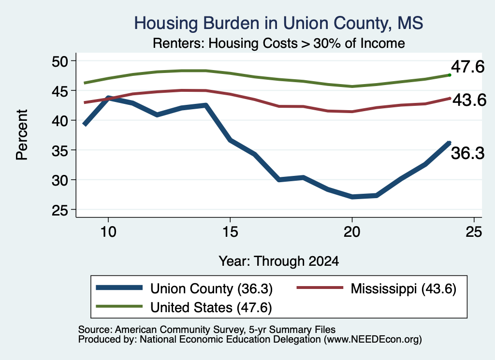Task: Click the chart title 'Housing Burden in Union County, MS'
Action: click(x=278, y=23)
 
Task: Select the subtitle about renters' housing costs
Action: click(x=279, y=43)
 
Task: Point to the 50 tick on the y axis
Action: click(x=60, y=61)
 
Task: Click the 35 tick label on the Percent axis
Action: click(x=60, y=150)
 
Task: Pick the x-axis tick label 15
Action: click(x=230, y=232)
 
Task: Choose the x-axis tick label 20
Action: click(x=352, y=232)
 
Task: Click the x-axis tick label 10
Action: click(x=108, y=232)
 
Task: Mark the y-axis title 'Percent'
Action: click(x=22, y=135)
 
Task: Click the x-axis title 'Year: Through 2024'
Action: click(x=279, y=261)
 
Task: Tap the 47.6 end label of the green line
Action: click(x=467, y=67)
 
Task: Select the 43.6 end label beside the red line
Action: click(x=469, y=100)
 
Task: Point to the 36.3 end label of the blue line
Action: click(x=467, y=153)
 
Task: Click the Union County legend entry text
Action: click(x=211, y=288)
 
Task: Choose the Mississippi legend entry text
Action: click(x=404, y=288)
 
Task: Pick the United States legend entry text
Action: click(x=211, y=308)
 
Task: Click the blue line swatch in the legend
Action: click(x=119, y=288)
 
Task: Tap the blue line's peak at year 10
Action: click(x=109, y=98)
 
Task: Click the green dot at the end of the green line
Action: click(x=450, y=75)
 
